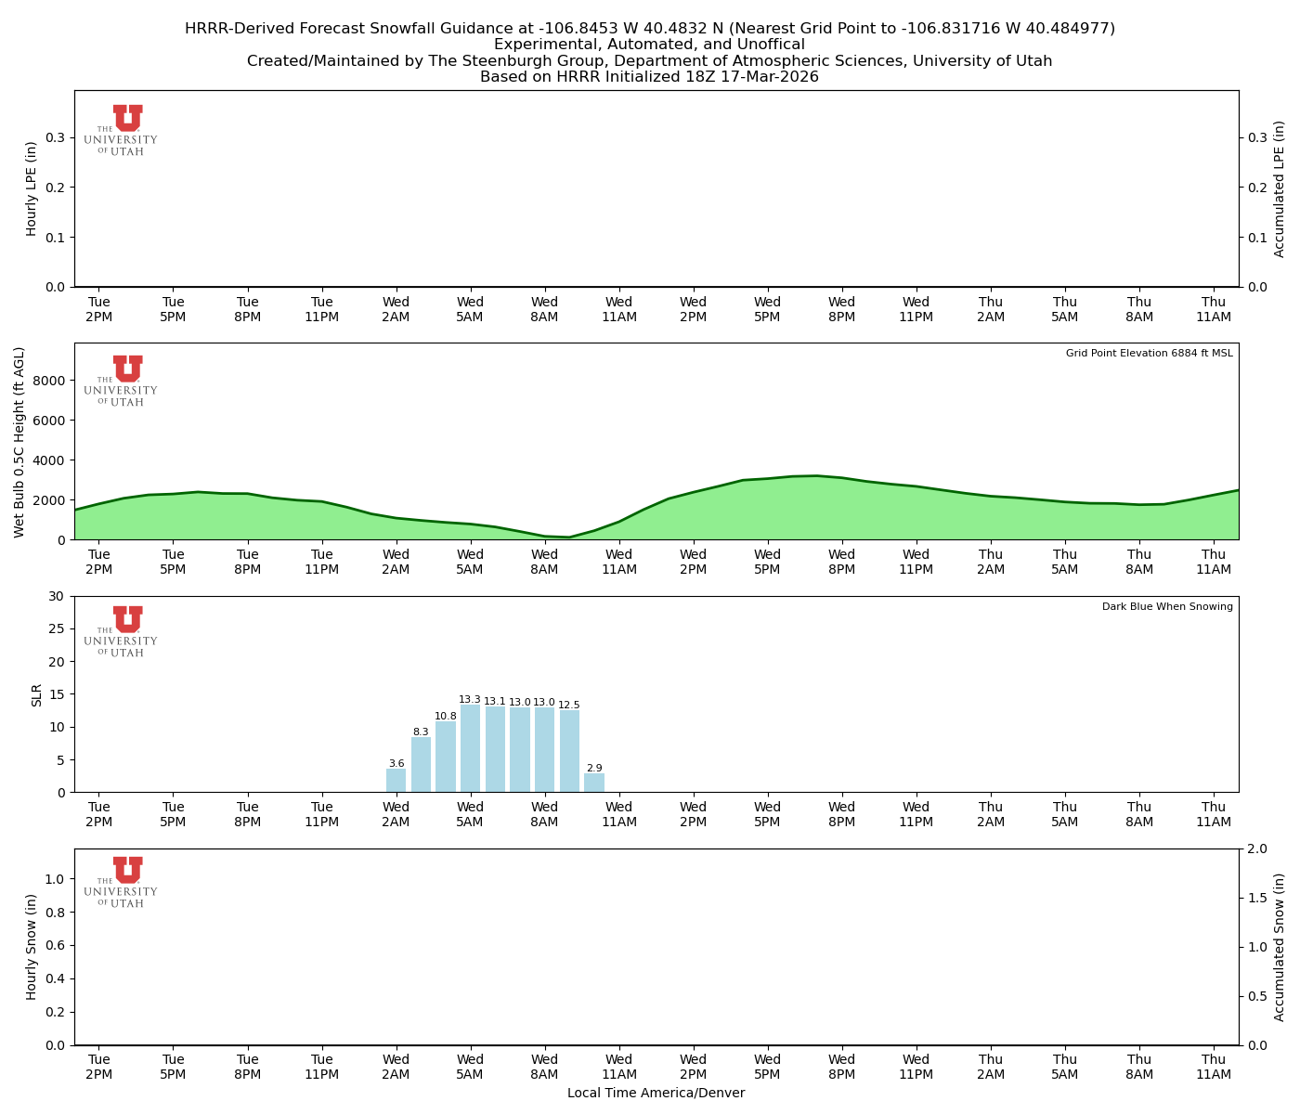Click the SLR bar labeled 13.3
point(470,748)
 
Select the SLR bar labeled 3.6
point(396,780)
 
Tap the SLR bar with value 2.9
point(594,783)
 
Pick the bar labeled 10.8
point(446,757)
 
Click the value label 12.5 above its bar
point(569,705)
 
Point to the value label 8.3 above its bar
point(421,732)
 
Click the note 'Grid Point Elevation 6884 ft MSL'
point(1149,354)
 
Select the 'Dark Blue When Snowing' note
point(1167,607)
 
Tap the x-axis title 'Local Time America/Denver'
point(656,1093)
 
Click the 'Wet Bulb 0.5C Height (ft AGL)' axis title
point(19,442)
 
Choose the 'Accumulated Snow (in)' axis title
point(1280,947)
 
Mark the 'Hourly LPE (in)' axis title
point(32,188)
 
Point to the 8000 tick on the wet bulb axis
point(52,381)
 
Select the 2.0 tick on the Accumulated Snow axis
point(1258,849)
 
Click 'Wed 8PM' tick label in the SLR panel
point(841,814)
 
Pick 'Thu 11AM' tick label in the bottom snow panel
point(1213,1067)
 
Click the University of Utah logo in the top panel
point(122,130)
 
